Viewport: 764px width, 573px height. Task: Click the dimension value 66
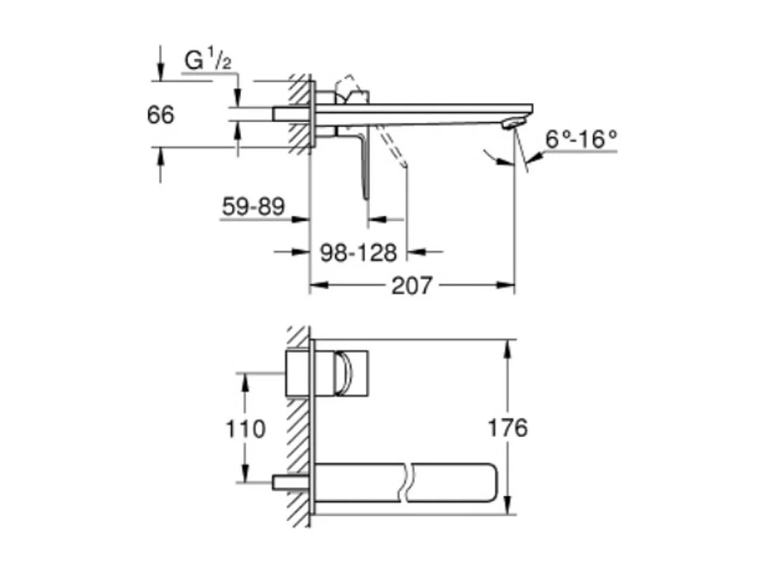[161, 114]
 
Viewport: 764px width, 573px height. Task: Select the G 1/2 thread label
[207, 61]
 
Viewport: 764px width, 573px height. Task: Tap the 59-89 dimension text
[253, 206]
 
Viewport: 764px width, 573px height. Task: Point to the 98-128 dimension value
[358, 252]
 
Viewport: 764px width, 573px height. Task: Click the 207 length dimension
[411, 285]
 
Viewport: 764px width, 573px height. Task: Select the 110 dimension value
[246, 428]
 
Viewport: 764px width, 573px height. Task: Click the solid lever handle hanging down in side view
[364, 168]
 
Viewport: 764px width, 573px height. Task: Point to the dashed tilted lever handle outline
[393, 147]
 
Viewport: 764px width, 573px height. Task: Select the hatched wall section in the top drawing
[299, 112]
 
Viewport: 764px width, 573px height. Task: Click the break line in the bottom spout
[408, 483]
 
